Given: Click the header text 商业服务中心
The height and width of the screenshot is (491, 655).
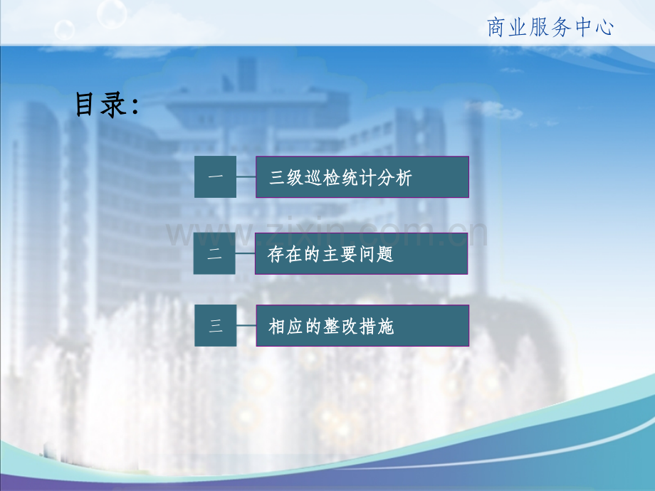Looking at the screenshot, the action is [550, 28].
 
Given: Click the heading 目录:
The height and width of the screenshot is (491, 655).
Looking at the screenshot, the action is [107, 105].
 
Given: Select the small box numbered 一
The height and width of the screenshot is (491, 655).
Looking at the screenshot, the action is [215, 176].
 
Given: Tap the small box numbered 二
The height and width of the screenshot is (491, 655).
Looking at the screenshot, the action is [214, 253].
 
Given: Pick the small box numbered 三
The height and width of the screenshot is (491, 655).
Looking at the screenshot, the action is [216, 325].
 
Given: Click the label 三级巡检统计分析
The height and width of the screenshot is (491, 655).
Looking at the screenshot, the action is [340, 177].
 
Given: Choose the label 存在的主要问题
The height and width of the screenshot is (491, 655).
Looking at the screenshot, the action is [330, 254].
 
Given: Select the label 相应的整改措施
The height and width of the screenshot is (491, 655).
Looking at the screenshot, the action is [331, 326].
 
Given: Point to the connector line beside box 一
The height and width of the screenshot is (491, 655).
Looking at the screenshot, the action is [246, 176].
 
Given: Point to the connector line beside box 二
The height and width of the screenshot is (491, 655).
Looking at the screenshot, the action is [245, 253].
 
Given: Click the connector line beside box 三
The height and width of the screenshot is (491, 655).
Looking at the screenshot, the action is [246, 325].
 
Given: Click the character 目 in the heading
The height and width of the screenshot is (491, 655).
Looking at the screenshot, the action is [85, 105].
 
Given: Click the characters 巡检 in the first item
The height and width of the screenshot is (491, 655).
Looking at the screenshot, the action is [322, 177].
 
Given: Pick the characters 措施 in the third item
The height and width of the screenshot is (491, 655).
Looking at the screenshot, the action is [377, 326].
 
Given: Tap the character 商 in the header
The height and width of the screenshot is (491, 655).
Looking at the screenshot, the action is [496, 28].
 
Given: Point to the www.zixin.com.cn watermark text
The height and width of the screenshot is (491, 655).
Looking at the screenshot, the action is [327, 232].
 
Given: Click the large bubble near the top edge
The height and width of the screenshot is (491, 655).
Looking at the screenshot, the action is [112, 14].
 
